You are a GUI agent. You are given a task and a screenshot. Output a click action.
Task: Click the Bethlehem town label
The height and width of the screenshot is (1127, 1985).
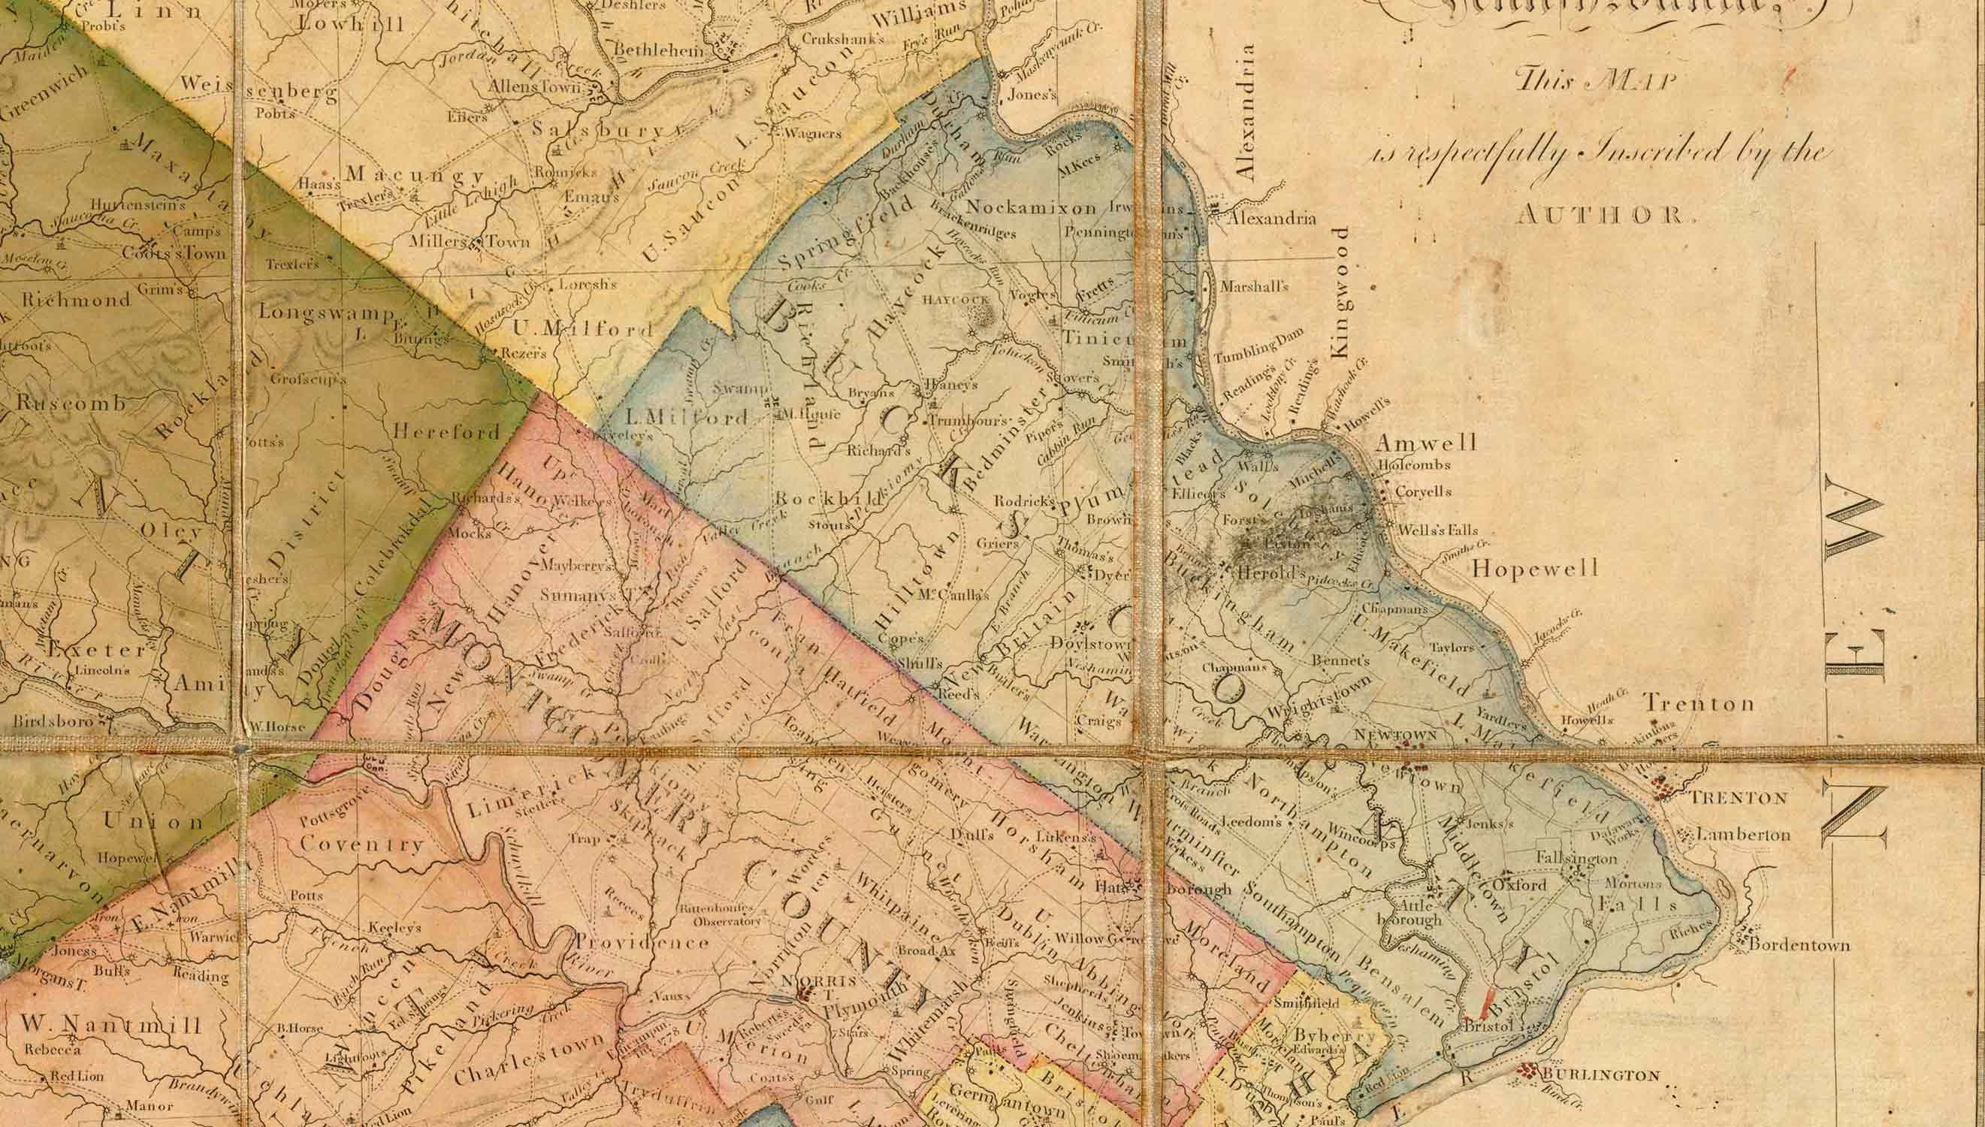tap(659, 51)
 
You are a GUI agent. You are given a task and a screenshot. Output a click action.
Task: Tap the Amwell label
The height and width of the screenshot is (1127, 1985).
tap(1426, 443)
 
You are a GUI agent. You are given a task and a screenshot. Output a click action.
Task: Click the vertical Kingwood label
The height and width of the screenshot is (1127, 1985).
tap(1341, 292)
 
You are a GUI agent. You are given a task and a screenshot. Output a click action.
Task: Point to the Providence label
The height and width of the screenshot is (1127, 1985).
tap(642, 943)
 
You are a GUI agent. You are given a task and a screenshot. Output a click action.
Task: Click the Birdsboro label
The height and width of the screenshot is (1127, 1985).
tap(53, 721)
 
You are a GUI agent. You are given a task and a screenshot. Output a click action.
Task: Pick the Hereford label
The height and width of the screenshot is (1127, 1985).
tap(446, 431)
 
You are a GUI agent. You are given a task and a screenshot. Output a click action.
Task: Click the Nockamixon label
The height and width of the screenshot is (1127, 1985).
tap(1031, 207)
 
